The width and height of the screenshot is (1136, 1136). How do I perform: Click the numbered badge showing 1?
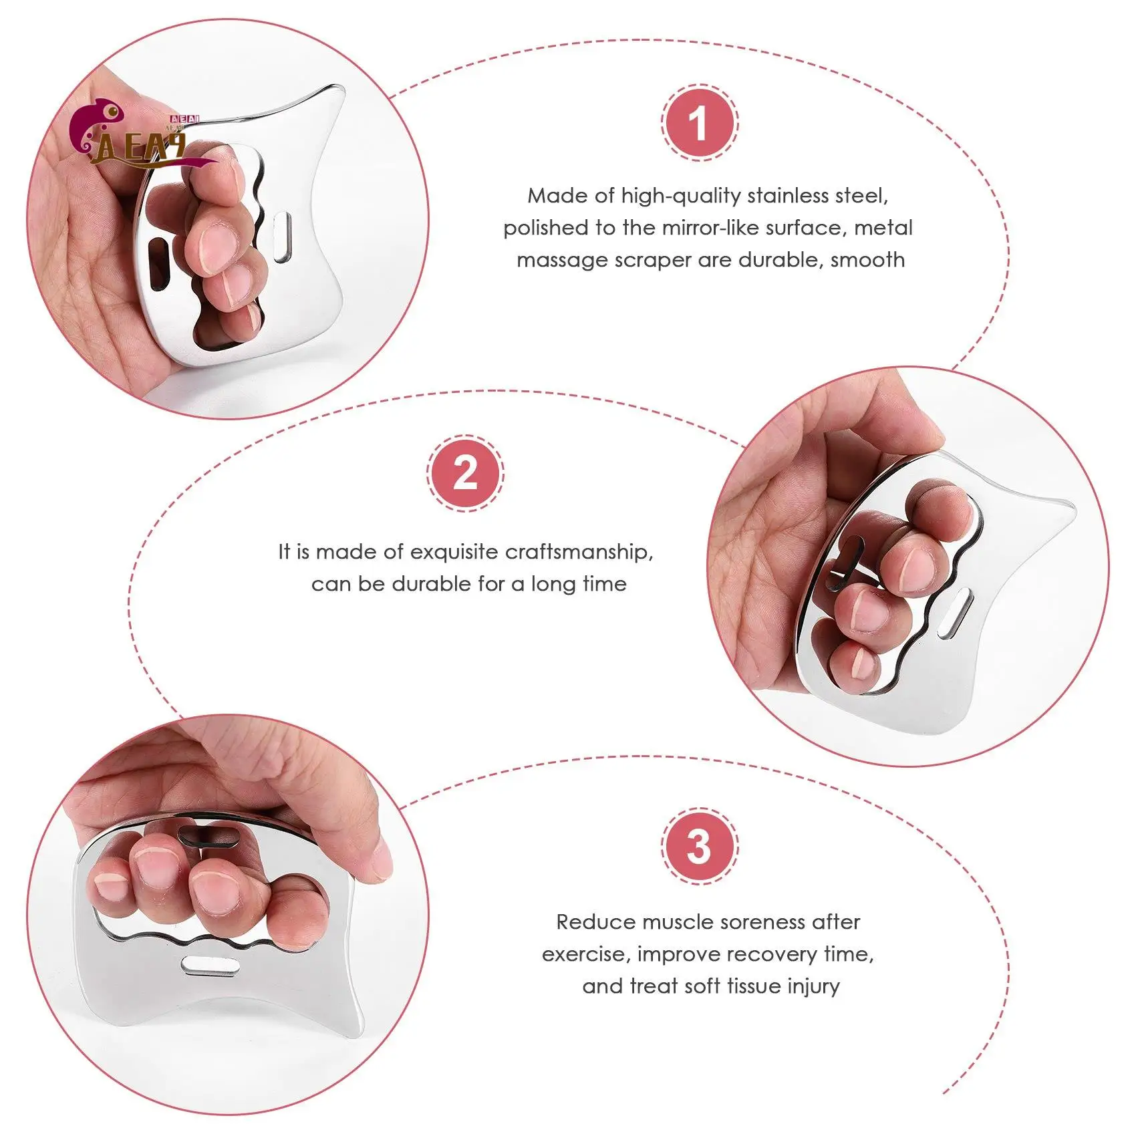(x=700, y=123)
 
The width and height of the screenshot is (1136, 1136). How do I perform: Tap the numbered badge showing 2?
(x=466, y=473)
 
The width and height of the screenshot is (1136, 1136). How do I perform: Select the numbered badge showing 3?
(x=700, y=846)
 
